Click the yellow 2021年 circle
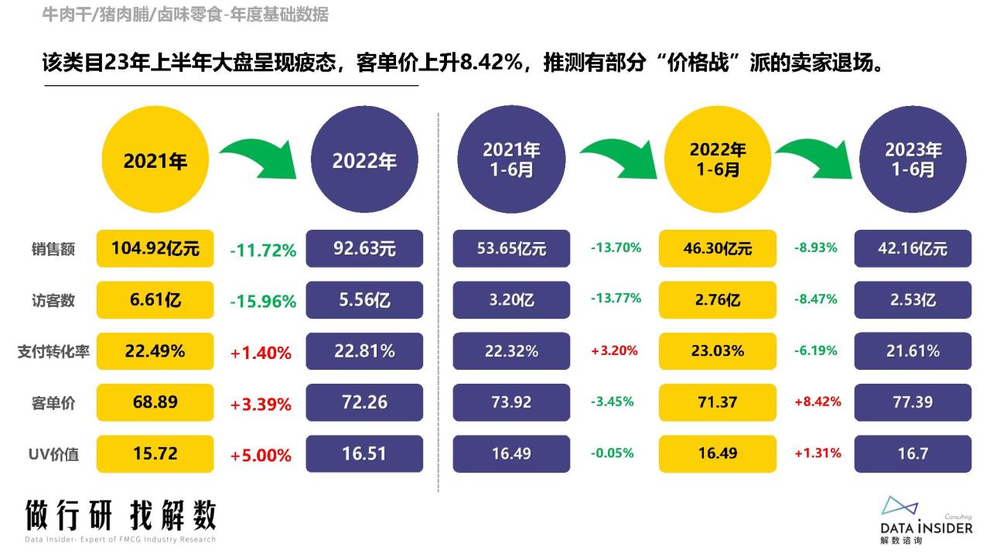pyautogui.click(x=155, y=159)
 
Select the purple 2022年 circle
pyautogui.click(x=364, y=159)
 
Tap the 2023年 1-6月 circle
pyautogui.click(x=913, y=159)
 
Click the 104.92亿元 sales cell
pyautogui.click(x=155, y=248)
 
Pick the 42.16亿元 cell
pyautogui.click(x=913, y=248)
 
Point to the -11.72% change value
pyautogui.click(x=263, y=251)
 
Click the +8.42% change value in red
pyautogui.click(x=818, y=402)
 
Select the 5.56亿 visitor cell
pyautogui.click(x=364, y=299)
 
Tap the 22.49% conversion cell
pyautogui.click(x=155, y=351)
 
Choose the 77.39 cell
pyautogui.click(x=913, y=402)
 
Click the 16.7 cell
pyautogui.click(x=913, y=453)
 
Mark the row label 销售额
pyautogui.click(x=53, y=249)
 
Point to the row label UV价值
pyautogui.click(x=53, y=454)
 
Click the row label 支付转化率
pyautogui.click(x=53, y=352)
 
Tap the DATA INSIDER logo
pyautogui.click(x=927, y=520)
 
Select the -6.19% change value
pyautogui.click(x=816, y=351)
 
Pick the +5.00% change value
pyautogui.click(x=261, y=456)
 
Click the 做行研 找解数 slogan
pyautogui.click(x=120, y=515)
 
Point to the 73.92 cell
pyautogui.click(x=511, y=402)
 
